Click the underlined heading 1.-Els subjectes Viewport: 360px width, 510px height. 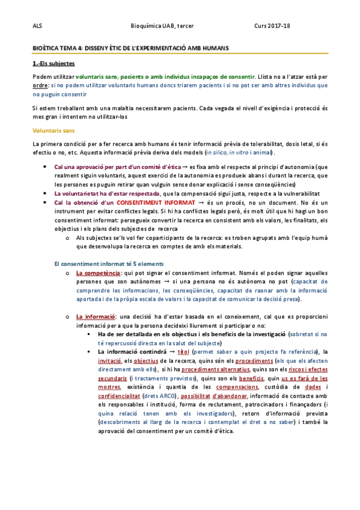[53, 63]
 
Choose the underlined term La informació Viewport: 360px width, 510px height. [94, 316]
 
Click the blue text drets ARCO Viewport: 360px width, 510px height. [158, 398]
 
